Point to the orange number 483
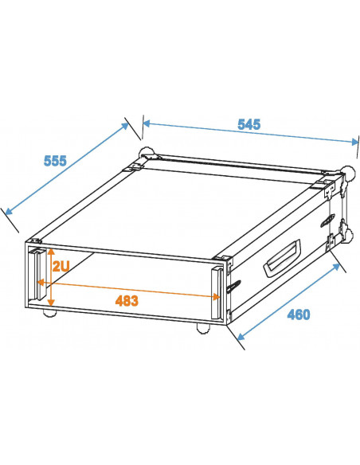[126, 301]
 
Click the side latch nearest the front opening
[233, 285]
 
